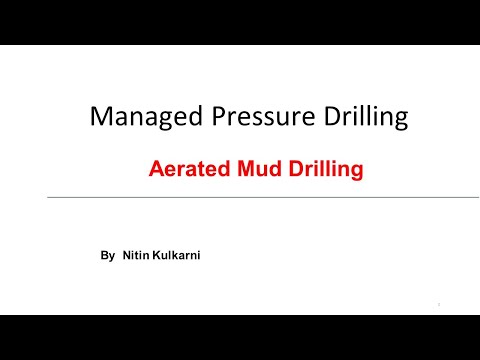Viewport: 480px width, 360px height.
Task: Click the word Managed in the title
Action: pos(136,117)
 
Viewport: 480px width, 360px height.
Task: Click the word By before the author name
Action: pos(108,257)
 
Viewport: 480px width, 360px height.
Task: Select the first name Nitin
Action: pos(135,257)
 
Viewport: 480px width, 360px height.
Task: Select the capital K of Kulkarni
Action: pos(156,257)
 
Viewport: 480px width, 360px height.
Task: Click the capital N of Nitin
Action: pos(126,257)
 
